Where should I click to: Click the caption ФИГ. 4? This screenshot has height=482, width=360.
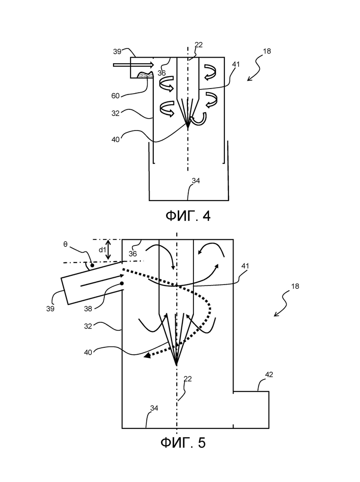[x=188, y=216]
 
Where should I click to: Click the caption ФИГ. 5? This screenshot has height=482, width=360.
[x=183, y=443]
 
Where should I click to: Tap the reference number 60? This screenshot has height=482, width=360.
[x=115, y=96]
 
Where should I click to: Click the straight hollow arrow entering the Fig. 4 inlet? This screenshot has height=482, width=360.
[x=133, y=65]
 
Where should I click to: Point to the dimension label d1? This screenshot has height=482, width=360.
[x=102, y=250]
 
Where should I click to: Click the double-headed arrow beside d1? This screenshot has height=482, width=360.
[x=108, y=249]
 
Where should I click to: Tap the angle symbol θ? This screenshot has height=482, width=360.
[x=65, y=244]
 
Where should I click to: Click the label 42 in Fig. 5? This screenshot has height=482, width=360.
[x=269, y=375]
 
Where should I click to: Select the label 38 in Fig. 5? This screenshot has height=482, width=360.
[x=88, y=309]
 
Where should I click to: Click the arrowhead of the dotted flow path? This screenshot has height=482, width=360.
[x=147, y=356]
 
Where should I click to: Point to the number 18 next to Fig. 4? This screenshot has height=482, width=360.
[x=267, y=51]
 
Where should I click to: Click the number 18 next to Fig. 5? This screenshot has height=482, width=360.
[x=295, y=286]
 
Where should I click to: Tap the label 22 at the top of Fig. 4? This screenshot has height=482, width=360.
[x=199, y=45]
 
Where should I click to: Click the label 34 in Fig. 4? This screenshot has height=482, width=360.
[x=196, y=181]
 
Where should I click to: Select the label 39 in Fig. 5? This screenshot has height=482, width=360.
[x=50, y=309]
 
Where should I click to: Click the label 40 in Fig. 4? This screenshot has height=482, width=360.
[x=115, y=140]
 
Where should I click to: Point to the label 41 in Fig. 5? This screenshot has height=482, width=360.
[x=245, y=266]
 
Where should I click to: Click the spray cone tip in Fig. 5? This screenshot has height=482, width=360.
[x=176, y=365]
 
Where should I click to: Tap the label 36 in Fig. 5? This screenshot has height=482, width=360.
[x=132, y=254]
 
